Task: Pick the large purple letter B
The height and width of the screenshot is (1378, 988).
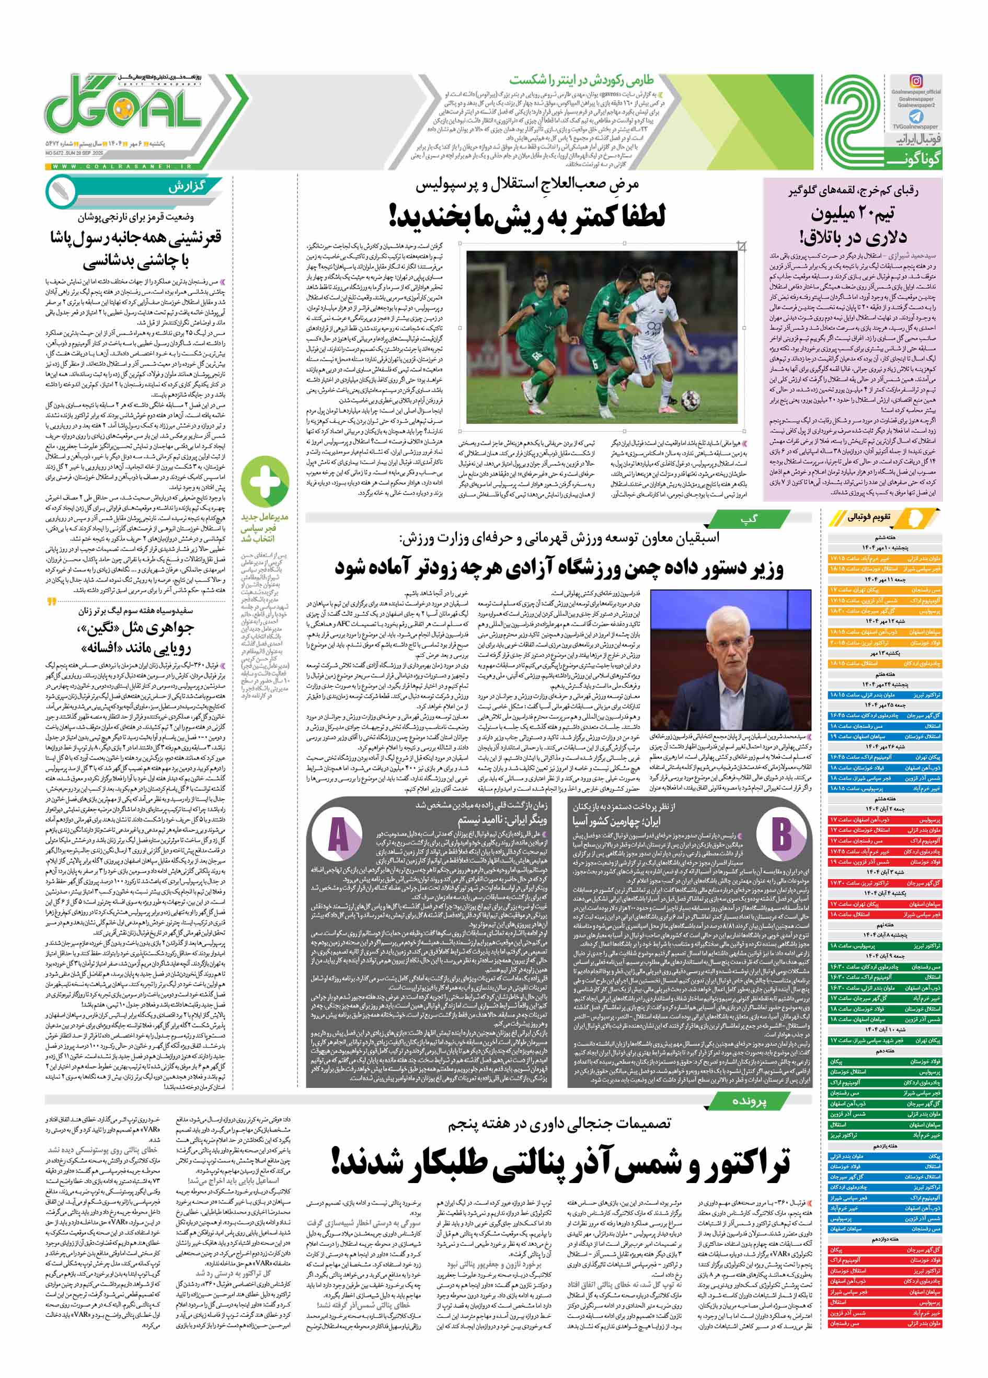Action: click(x=780, y=835)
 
